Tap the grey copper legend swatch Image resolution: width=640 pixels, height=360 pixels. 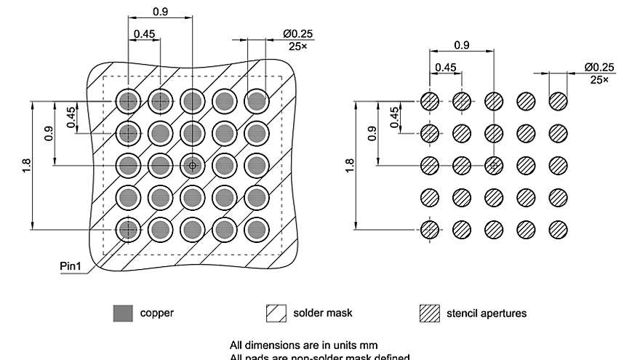click(123, 313)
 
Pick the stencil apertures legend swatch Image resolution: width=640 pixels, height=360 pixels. click(430, 313)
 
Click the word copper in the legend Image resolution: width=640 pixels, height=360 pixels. click(156, 313)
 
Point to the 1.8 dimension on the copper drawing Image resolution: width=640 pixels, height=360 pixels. click(27, 166)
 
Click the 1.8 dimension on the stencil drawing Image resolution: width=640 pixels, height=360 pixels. click(350, 166)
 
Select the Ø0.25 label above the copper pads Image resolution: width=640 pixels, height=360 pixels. click(298, 34)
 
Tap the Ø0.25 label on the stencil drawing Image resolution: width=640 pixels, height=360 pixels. click(599, 68)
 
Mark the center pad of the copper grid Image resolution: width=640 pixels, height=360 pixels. click(192, 166)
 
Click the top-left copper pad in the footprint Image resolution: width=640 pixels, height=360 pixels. click(129, 101)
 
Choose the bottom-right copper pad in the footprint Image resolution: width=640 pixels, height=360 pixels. click(256, 230)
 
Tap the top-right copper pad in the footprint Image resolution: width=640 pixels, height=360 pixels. click(256, 101)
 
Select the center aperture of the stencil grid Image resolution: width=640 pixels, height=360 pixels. click(494, 166)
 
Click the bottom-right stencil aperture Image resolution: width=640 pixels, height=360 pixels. click(558, 230)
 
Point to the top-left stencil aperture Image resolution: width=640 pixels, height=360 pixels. click(430, 101)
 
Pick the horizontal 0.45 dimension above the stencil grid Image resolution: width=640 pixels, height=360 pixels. click(445, 68)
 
